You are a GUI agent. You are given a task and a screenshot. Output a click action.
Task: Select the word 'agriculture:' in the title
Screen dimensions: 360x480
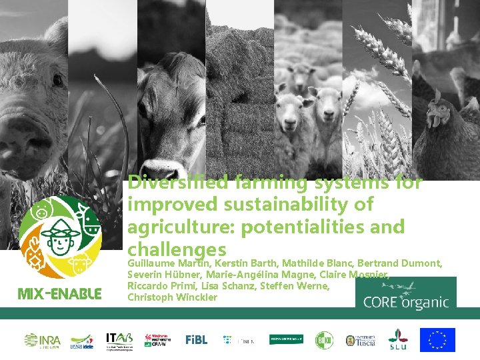click(x=181, y=227)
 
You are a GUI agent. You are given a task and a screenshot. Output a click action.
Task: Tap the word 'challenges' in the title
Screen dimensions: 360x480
click(x=176, y=249)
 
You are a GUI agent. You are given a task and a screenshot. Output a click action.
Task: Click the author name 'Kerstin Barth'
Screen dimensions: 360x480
click(x=245, y=264)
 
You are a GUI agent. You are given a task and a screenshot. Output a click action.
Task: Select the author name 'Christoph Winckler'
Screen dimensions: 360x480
click(x=172, y=297)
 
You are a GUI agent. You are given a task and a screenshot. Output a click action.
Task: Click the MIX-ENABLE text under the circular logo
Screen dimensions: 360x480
click(x=60, y=294)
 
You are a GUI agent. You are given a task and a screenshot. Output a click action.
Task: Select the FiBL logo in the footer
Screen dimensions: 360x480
click(x=197, y=339)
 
